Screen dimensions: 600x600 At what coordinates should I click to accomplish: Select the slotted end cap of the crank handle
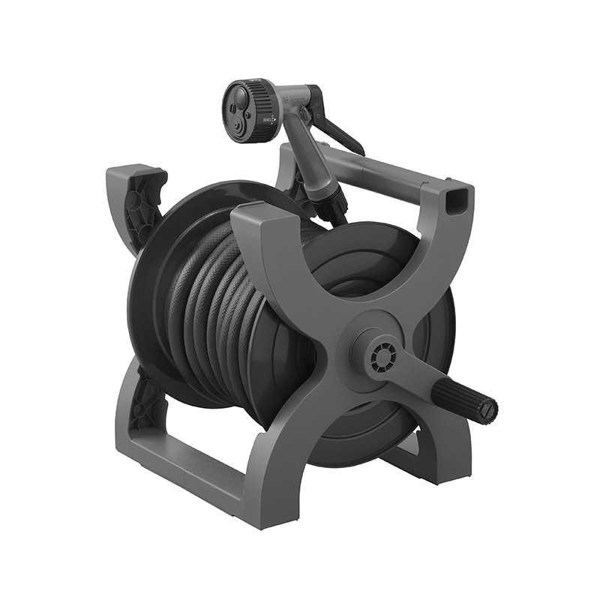tap(488, 410)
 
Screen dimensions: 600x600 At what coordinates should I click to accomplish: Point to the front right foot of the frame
tap(450, 461)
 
